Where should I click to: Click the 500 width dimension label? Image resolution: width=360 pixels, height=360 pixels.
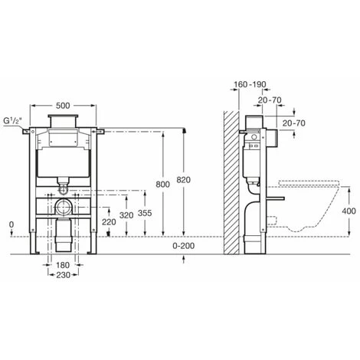(x=63, y=106)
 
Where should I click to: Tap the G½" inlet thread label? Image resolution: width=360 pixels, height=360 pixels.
(x=12, y=120)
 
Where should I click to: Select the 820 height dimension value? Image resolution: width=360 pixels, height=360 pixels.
(x=183, y=180)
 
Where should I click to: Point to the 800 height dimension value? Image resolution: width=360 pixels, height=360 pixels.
(x=162, y=184)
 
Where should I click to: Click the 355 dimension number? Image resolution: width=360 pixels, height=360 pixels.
(x=145, y=213)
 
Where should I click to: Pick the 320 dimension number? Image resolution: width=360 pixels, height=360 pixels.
(x=126, y=215)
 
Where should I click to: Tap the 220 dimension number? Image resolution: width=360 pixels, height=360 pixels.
(x=109, y=222)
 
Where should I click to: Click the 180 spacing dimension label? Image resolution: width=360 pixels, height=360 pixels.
(x=63, y=265)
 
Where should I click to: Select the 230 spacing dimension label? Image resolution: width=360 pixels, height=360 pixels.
(x=63, y=275)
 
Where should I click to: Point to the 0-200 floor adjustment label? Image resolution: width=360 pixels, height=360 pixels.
(x=183, y=246)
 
